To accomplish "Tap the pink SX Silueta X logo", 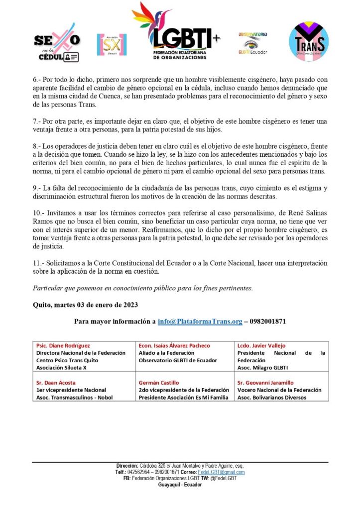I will click(112, 45).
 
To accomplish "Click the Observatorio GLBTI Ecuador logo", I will click(252, 43).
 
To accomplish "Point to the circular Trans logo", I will click(309, 42).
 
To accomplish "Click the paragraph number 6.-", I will click(37, 79).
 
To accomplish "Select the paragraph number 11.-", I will click(39, 263).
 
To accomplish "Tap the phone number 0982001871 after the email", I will click(267, 321).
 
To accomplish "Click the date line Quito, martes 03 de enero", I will click(85, 305).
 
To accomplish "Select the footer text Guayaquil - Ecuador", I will click(180, 485).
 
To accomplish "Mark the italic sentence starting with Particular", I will click(142, 288).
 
